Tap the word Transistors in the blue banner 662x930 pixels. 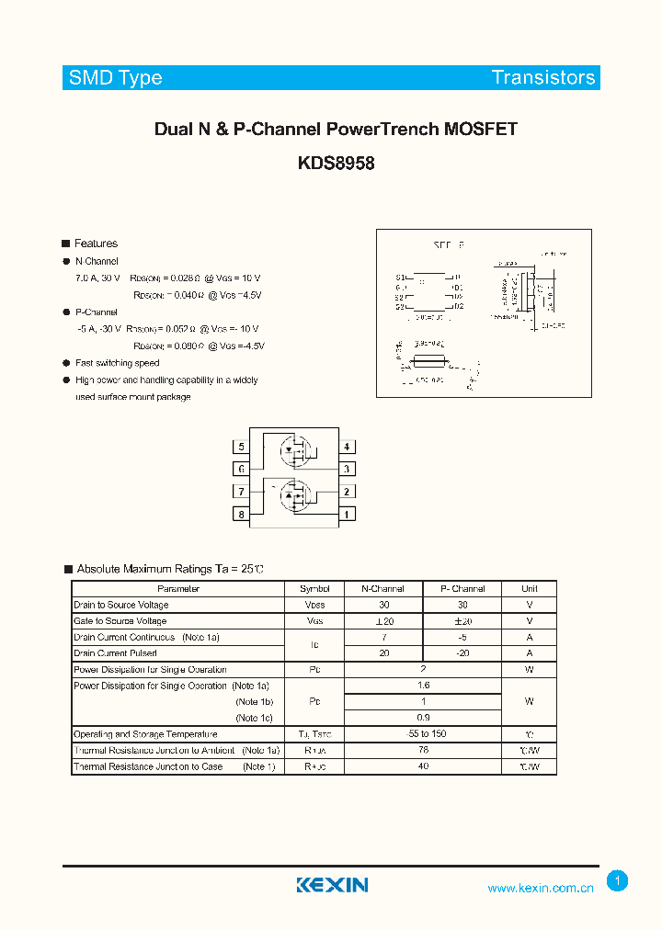click(x=543, y=77)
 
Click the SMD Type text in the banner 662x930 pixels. click(x=115, y=77)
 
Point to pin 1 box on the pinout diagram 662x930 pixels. click(x=347, y=514)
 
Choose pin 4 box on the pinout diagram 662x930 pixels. click(x=347, y=448)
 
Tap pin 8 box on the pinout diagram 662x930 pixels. click(x=242, y=514)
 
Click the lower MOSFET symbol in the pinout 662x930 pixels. click(x=294, y=493)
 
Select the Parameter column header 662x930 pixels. click(x=178, y=588)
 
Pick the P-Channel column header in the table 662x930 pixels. click(x=462, y=588)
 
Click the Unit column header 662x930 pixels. click(x=530, y=588)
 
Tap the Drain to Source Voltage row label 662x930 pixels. click(x=121, y=605)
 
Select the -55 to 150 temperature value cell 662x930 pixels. click(x=423, y=734)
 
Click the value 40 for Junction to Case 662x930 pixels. click(x=423, y=766)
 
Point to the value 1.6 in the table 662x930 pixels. click(x=423, y=686)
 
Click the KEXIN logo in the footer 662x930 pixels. click(x=332, y=885)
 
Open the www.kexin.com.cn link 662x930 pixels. click(x=541, y=888)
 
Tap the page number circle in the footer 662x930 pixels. click(x=618, y=881)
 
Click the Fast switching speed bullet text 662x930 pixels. click(x=117, y=363)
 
